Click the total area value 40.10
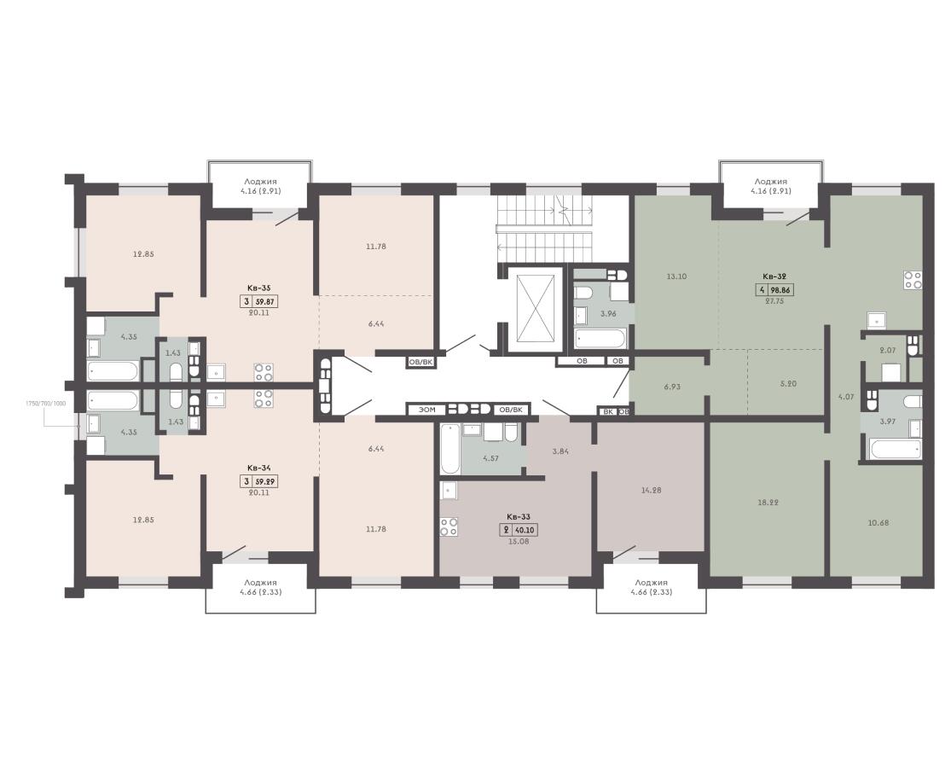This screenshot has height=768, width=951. coord(525,530)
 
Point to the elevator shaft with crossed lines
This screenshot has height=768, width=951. coord(534,308)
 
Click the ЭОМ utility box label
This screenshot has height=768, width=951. coord(427,410)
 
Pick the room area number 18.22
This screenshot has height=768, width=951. coord(768,503)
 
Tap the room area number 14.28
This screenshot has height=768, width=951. coord(650,490)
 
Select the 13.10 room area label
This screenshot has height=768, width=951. coord(676,276)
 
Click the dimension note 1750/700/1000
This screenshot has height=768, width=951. coord(45,404)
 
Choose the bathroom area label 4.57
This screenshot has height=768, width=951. coord(490,458)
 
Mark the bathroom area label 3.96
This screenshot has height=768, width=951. coord(608,314)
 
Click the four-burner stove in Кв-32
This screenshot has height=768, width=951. coord(913,279)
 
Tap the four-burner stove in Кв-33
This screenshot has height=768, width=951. coord(449,527)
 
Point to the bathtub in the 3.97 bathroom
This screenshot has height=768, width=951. coord(896,450)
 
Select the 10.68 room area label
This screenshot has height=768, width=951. coord(878,522)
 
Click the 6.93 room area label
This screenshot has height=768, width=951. coord(672,386)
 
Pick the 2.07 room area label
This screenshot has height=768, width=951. coord(887,350)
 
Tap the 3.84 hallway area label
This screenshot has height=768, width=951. coord(560,451)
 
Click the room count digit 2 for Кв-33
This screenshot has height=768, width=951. coord(505,530)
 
